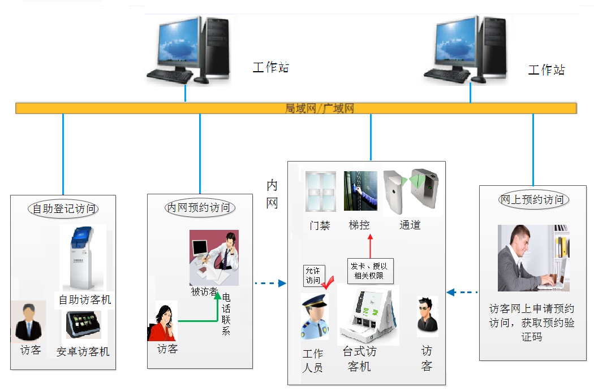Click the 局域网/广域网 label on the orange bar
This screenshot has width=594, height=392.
[320, 108]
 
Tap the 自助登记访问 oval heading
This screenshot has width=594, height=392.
[63, 208]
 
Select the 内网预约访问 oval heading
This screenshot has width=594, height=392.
[200, 208]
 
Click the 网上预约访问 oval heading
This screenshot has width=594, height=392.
[532, 199]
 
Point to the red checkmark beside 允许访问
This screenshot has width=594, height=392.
[328, 281]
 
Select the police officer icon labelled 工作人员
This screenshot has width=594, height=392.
[314, 317]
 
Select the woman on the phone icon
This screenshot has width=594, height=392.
[162, 322]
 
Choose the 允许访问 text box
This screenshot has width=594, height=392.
[313, 276]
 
